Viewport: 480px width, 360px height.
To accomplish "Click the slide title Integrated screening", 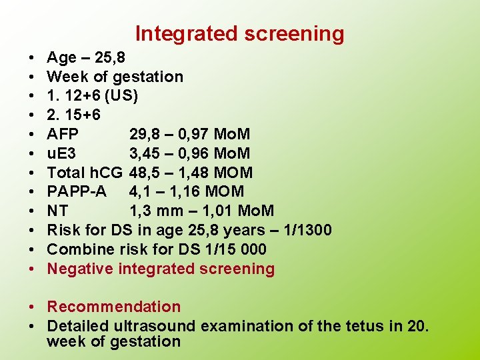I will click(x=240, y=33).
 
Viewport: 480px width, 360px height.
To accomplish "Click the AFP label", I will click(x=63, y=135).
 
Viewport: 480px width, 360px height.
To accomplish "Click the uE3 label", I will click(x=61, y=154).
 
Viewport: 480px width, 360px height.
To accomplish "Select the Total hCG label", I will click(x=85, y=173).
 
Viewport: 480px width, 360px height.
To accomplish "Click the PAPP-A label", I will click(x=77, y=193).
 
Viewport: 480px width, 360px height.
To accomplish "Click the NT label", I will click(x=58, y=211).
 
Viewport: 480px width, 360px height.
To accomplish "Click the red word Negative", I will click(x=80, y=269).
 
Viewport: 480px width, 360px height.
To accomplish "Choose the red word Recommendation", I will click(x=114, y=307).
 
